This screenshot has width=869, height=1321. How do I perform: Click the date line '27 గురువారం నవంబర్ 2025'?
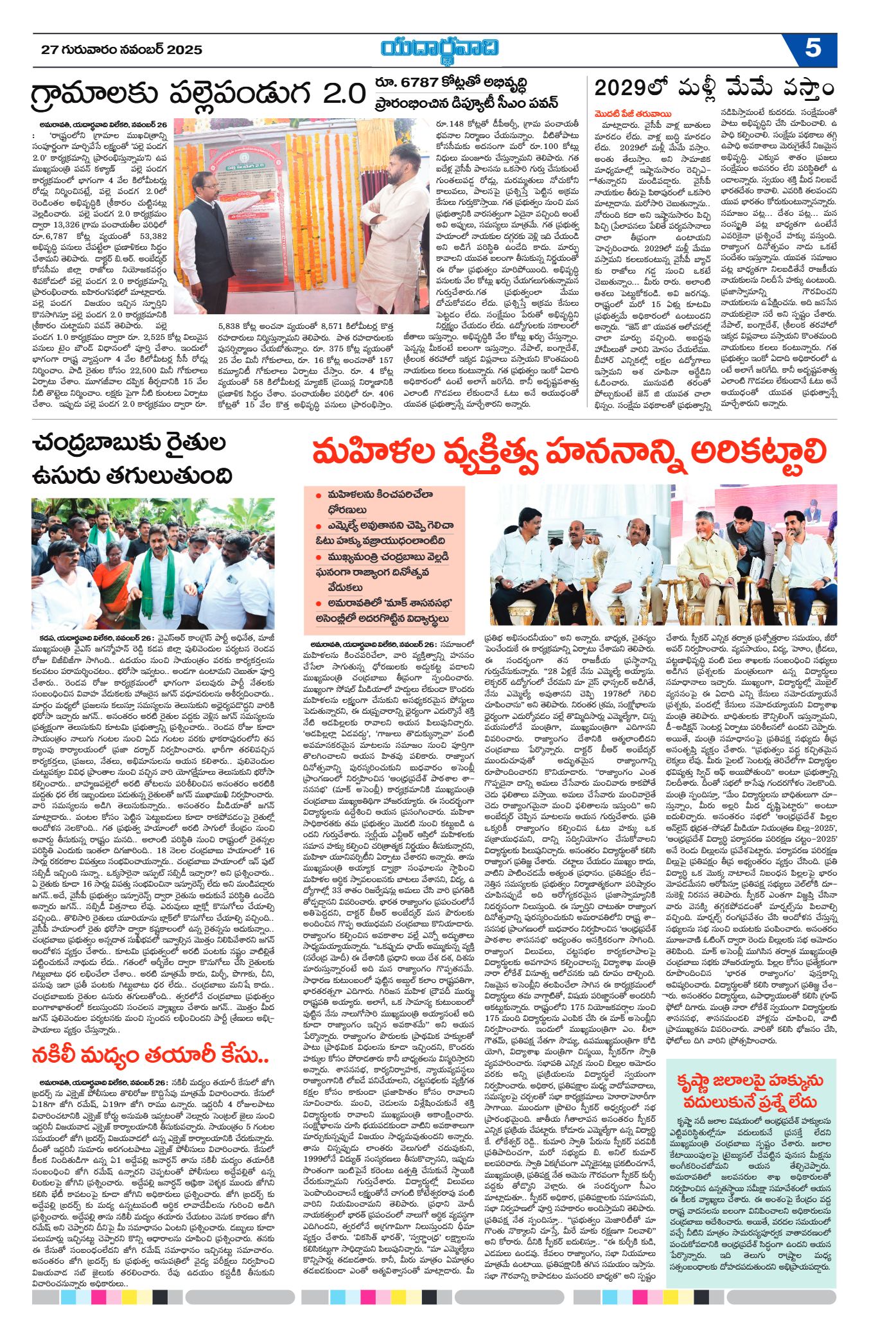pyautogui.click(x=121, y=50)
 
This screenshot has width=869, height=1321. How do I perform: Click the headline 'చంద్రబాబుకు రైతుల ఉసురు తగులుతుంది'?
pyautogui.click(x=132, y=460)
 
